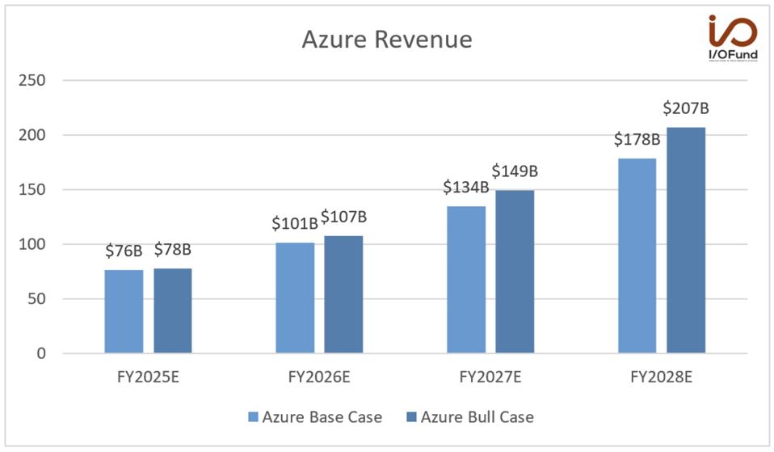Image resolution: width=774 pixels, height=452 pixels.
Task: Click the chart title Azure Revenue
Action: click(386, 40)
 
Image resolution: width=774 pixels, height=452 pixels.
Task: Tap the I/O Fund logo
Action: click(732, 37)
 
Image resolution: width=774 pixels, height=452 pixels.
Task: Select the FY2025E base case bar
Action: click(124, 311)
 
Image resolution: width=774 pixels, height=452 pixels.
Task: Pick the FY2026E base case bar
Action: click(295, 298)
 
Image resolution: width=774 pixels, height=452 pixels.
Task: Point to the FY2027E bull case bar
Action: click(515, 272)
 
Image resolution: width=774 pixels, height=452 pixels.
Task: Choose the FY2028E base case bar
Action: click(637, 256)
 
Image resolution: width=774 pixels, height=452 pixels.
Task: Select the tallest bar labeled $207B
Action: click(686, 240)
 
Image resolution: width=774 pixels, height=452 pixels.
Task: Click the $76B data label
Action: click(124, 251)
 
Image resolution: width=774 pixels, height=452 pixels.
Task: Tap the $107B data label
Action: click(343, 217)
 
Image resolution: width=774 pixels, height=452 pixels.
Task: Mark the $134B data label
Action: click(465, 188)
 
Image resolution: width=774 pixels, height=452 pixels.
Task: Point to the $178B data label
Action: click(637, 139)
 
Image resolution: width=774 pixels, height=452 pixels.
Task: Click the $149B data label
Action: click(515, 171)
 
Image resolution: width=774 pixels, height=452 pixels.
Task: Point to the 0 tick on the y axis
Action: click(40, 353)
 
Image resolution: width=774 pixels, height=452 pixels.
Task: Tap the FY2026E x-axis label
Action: click(319, 377)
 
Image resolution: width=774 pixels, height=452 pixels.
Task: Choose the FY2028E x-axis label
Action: click(662, 377)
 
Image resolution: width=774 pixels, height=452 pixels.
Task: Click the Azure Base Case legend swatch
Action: click(252, 418)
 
